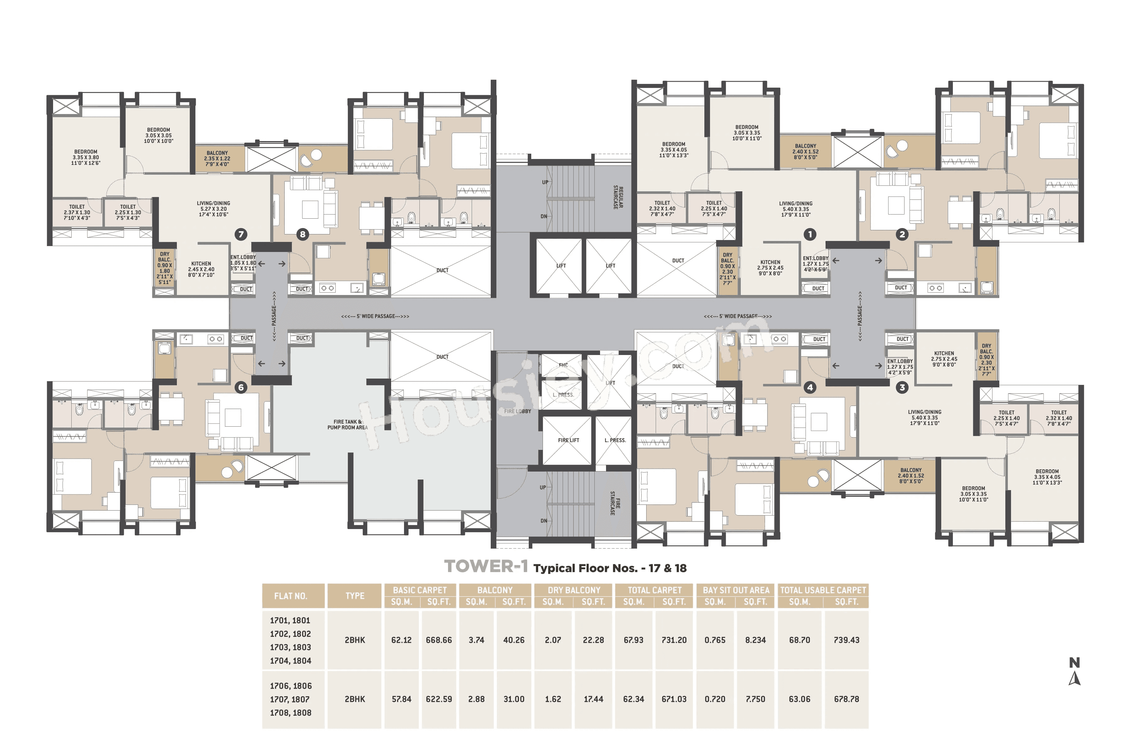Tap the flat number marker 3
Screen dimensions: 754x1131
(902, 388)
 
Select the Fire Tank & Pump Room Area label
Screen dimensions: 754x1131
(347, 425)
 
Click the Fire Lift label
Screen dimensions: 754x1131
(568, 440)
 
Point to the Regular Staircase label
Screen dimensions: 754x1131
(618, 197)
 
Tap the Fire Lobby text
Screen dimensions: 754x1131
(517, 412)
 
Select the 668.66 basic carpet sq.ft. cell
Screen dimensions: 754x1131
(439, 640)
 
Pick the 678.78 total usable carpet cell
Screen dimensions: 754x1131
(846, 699)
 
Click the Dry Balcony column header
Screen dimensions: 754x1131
(574, 590)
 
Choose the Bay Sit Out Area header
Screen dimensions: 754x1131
(736, 590)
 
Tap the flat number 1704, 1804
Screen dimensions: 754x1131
(290, 661)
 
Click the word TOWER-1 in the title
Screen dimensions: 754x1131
(486, 566)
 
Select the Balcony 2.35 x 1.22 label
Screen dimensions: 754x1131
(217, 159)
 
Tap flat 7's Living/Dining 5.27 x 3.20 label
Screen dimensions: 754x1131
(214, 209)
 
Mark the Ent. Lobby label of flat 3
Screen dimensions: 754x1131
(900, 366)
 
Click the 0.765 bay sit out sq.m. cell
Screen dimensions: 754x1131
(715, 640)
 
